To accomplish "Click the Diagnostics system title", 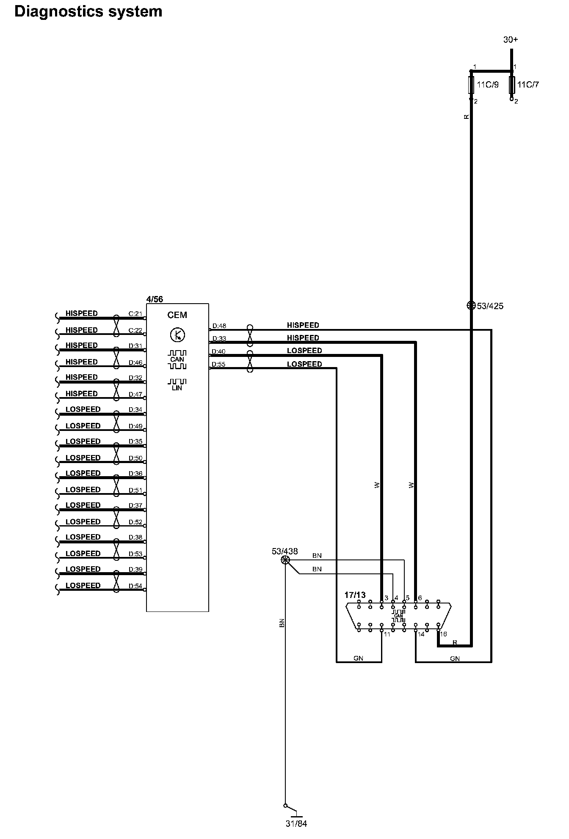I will [88, 11].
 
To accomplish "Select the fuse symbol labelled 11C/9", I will [471, 85].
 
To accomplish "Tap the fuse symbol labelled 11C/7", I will [512, 85].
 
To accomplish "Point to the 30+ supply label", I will [511, 40].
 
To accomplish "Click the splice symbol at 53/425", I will [471, 305].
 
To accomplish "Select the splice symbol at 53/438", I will [285, 560].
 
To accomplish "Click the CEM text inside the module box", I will [177, 315].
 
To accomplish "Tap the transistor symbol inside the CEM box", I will [177, 335].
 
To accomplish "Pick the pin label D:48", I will [219, 326].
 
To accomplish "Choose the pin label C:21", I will [135, 314].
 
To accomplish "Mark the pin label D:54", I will [135, 586].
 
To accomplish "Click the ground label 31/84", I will [296, 824].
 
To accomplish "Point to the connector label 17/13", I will [355, 595].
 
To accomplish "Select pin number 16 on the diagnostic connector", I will [443, 634].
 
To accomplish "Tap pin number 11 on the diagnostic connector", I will [387, 634].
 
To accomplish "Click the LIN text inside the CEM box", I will [177, 388].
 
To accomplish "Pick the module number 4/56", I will [155, 299].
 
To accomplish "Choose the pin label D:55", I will [218, 364].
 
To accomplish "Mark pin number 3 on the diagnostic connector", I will [386, 598].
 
